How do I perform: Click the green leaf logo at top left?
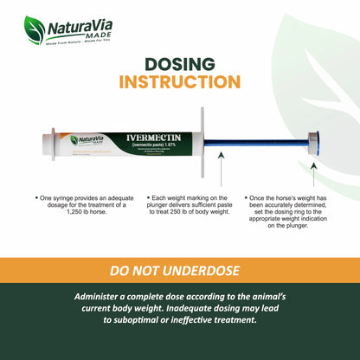point(35,29)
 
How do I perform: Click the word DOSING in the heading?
point(179,65)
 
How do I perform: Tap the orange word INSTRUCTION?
point(179,82)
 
